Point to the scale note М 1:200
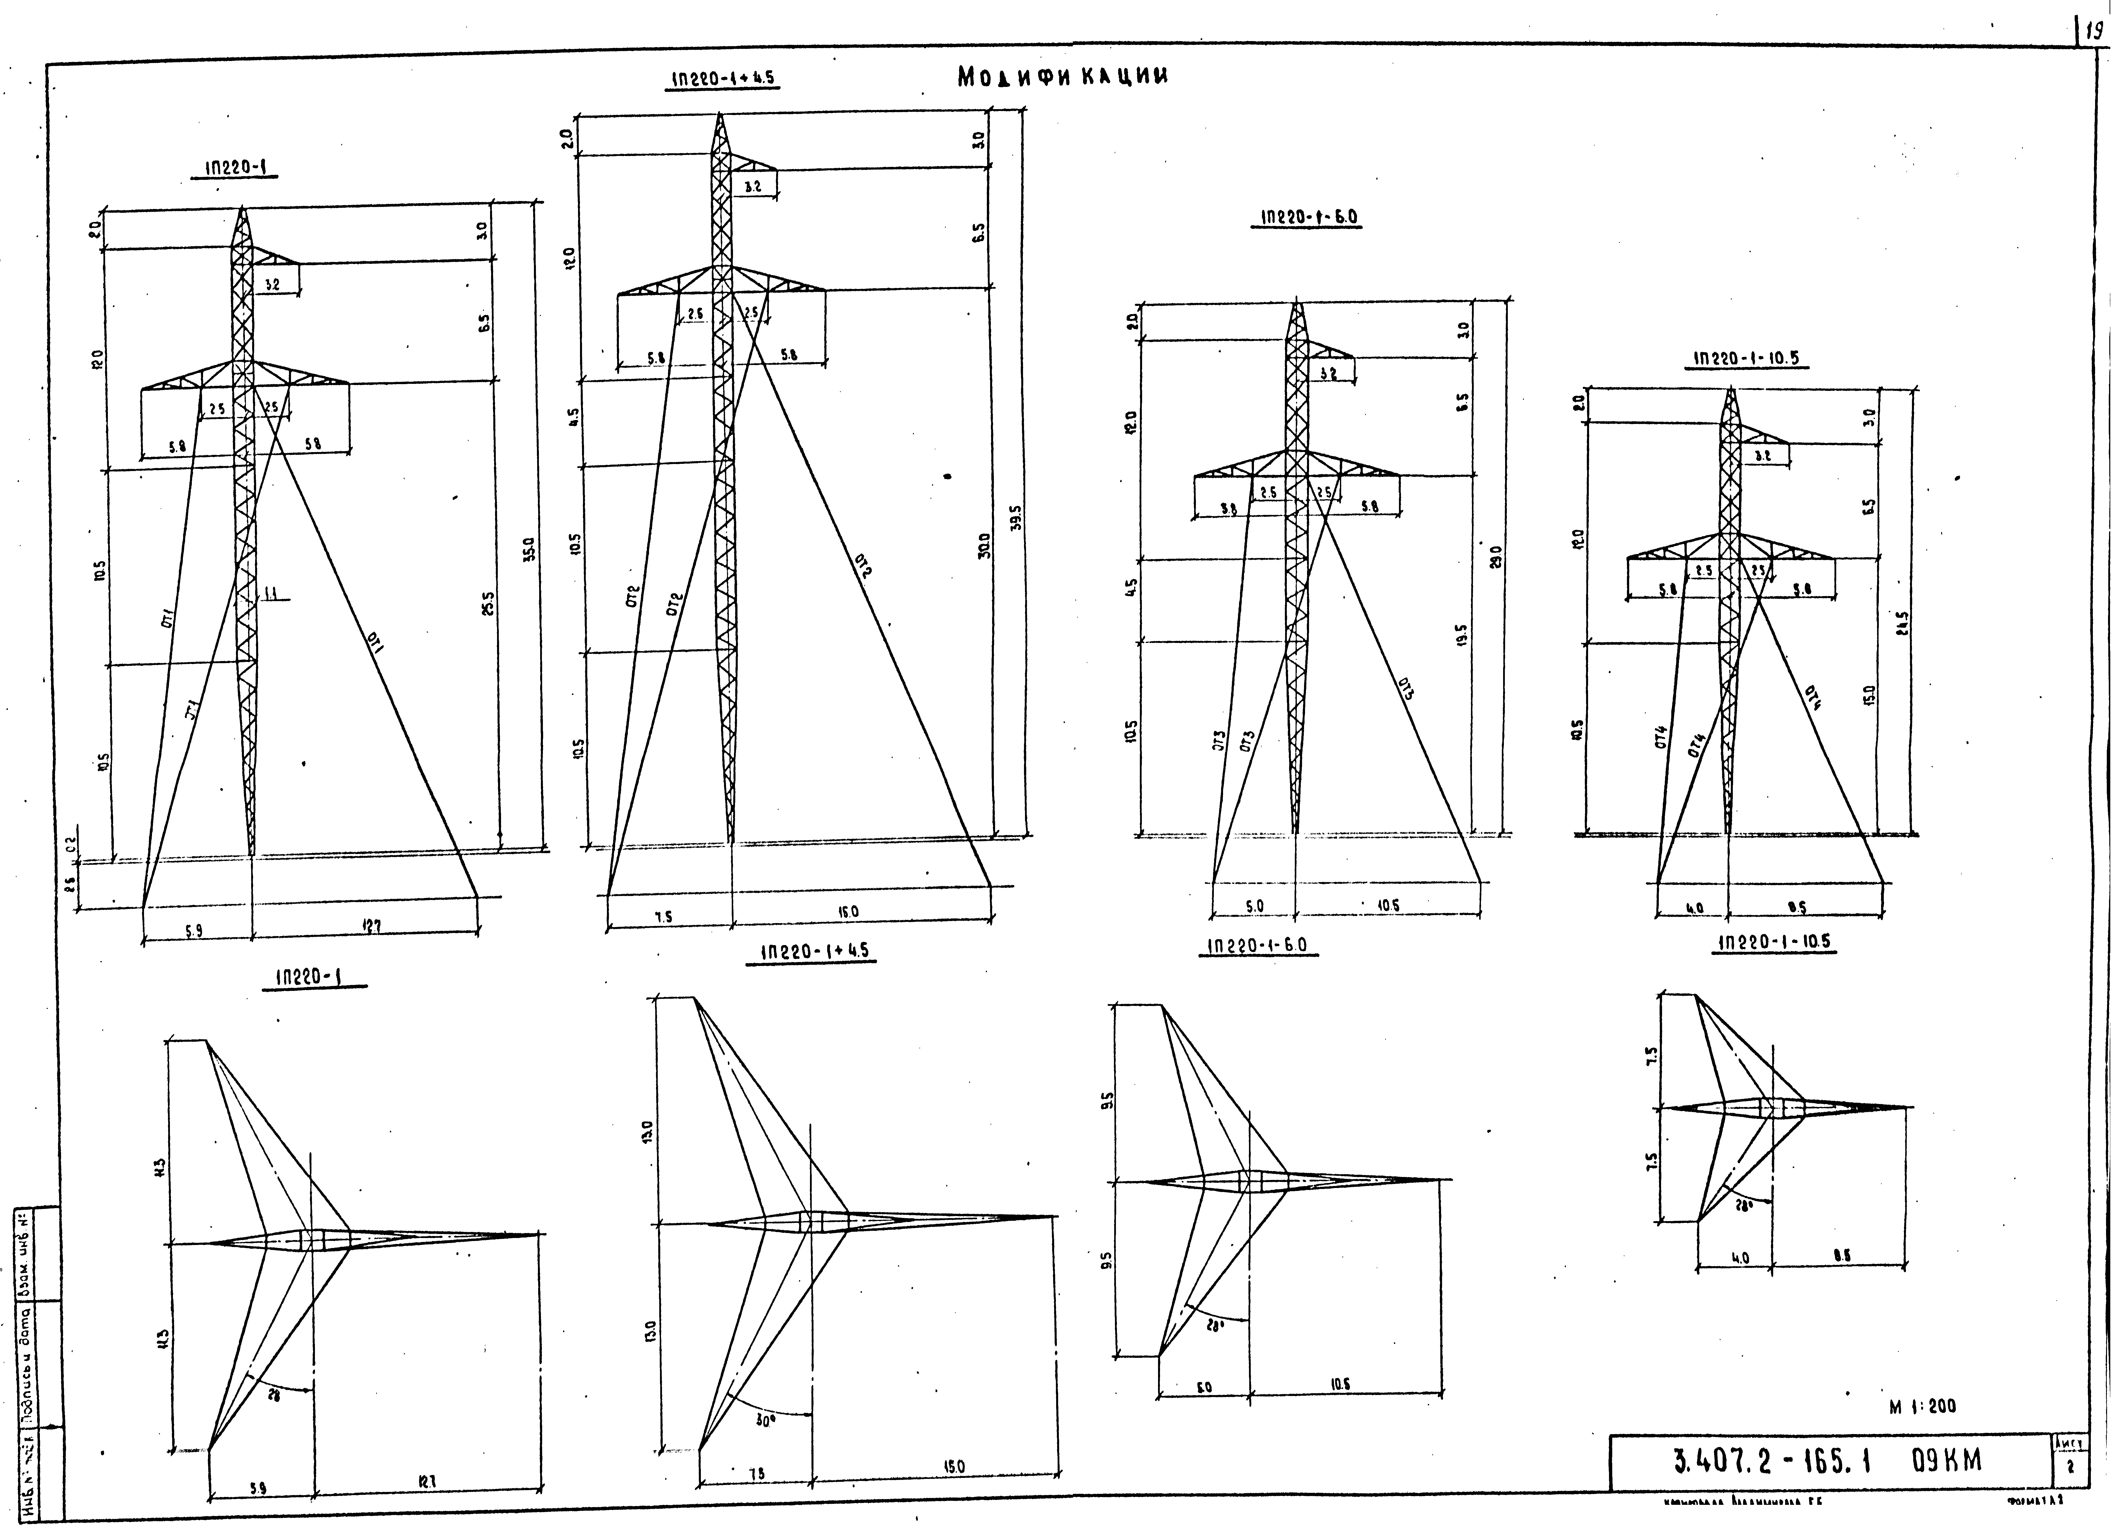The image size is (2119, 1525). [1922, 1405]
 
